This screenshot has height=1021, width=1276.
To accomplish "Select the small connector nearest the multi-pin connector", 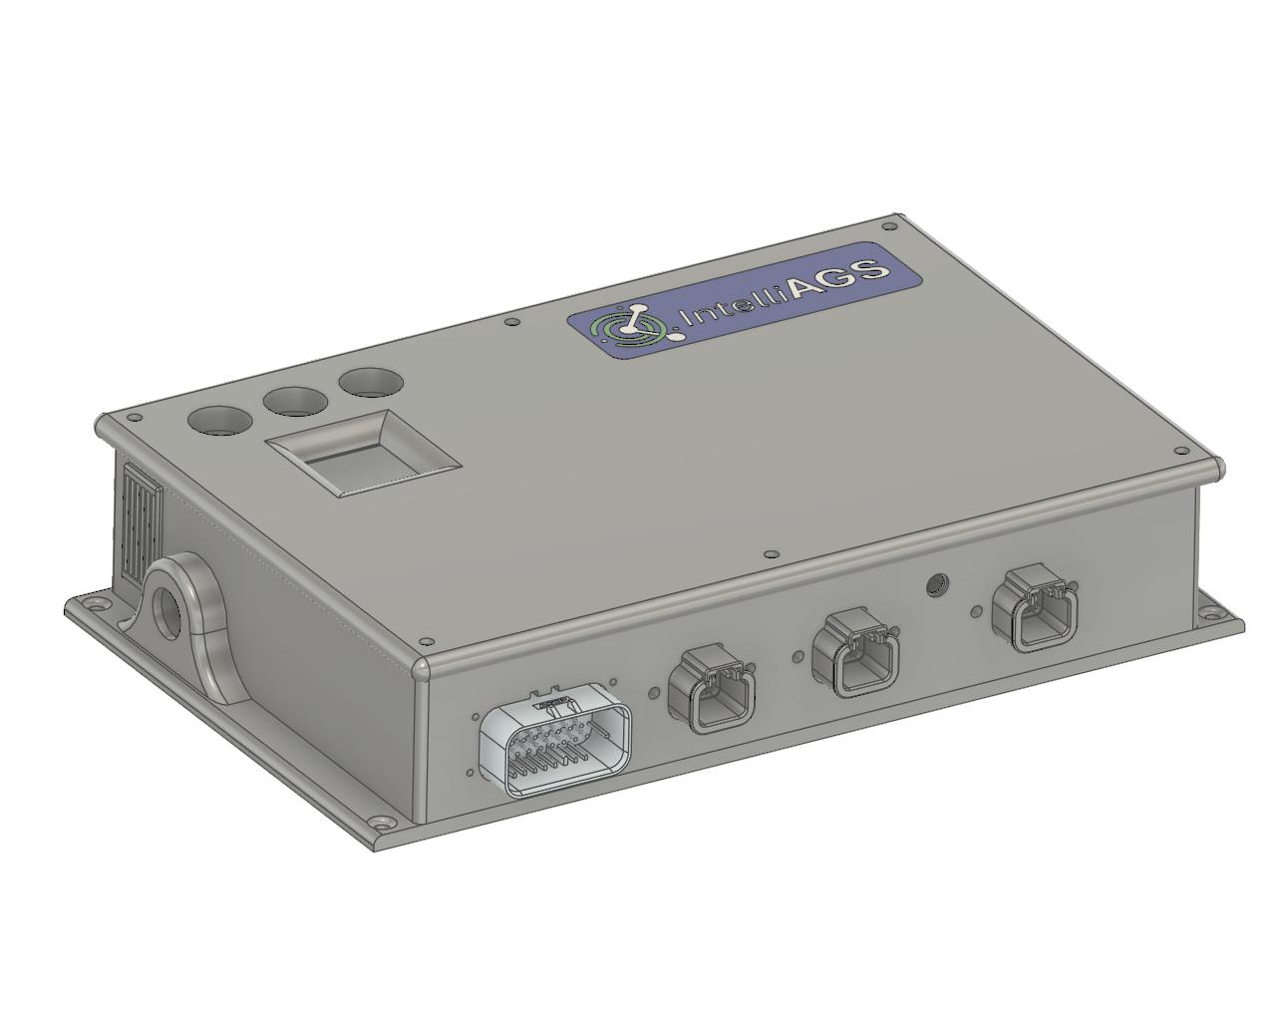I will (x=712, y=689).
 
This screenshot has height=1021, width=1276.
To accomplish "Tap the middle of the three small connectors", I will (x=856, y=653).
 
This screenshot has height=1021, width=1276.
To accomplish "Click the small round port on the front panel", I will (x=936, y=583).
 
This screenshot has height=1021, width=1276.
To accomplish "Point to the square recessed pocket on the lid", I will (x=362, y=457).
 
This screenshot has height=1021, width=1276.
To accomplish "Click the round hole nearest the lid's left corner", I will (x=222, y=420).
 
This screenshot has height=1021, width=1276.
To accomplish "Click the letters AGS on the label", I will (x=837, y=276).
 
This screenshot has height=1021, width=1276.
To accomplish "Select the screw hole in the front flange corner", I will (x=383, y=824).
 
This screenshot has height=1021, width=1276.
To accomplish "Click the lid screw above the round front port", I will (x=770, y=554).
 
